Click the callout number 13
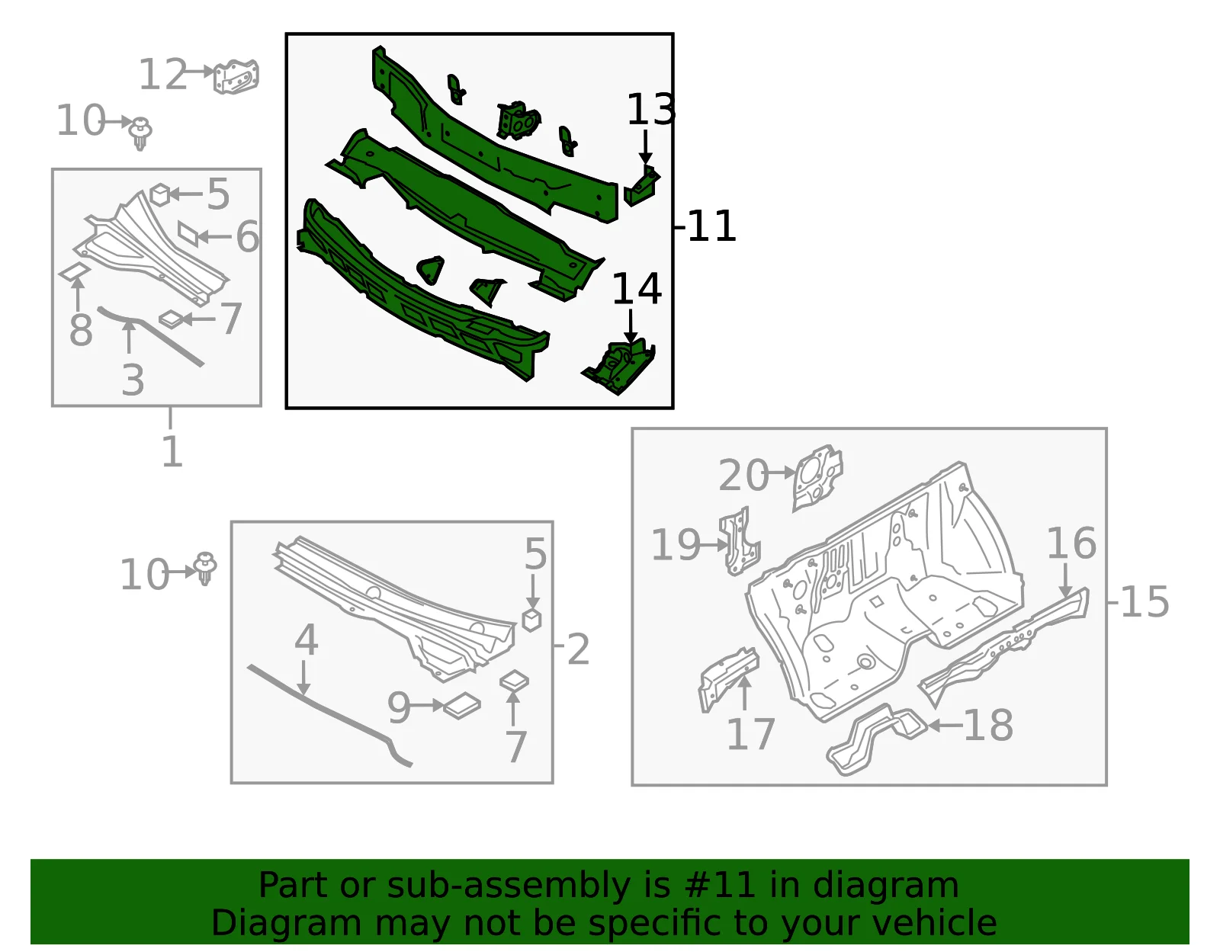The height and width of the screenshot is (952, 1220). [x=650, y=110]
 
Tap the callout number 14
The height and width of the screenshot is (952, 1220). [x=637, y=290]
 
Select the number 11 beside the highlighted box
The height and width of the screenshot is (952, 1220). [x=711, y=226]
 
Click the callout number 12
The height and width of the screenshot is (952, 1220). [x=162, y=75]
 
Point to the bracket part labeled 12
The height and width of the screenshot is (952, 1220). [x=236, y=76]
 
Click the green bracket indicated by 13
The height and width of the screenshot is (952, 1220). [x=641, y=186]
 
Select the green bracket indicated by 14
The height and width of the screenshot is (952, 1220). [x=619, y=367]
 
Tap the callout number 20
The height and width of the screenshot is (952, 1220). [x=743, y=476]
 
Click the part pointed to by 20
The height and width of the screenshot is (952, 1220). [x=817, y=477]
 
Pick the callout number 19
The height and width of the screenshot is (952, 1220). [x=676, y=545]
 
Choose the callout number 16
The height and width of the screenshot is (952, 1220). [x=1071, y=543]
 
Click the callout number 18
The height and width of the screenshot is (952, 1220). [x=988, y=726]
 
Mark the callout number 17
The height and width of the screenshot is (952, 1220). [x=750, y=734]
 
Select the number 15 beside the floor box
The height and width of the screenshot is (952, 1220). [x=1145, y=602]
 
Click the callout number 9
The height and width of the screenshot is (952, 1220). [x=400, y=708]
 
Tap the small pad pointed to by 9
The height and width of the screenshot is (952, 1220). [x=462, y=706]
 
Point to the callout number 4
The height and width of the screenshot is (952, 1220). [x=306, y=640]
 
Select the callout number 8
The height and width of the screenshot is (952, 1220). [x=81, y=331]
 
